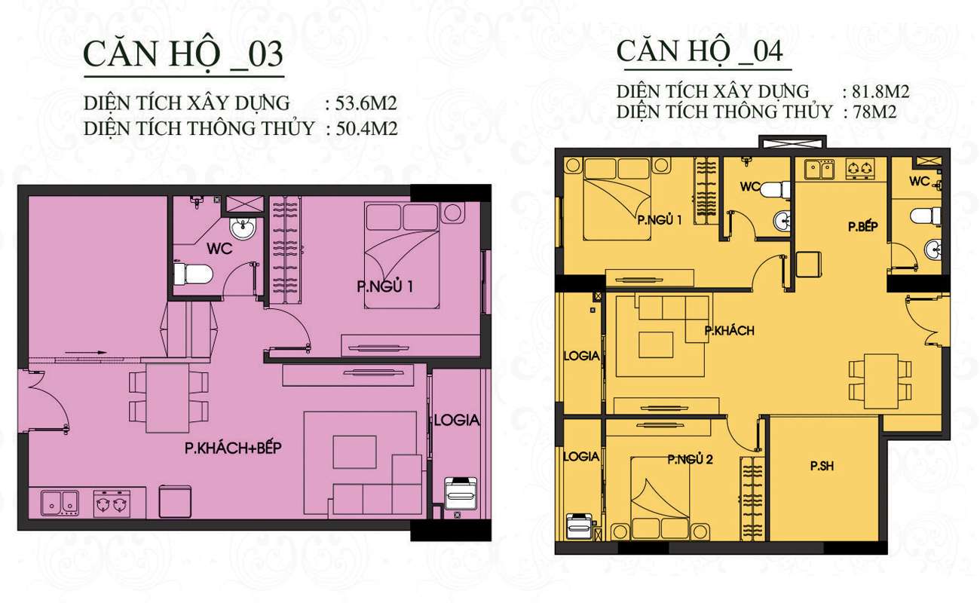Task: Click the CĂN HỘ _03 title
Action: (183, 54)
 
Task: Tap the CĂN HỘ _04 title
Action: (699, 51)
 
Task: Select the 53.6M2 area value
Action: (366, 103)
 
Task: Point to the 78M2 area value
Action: (875, 112)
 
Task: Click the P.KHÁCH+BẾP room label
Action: (233, 448)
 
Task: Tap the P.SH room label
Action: (822, 466)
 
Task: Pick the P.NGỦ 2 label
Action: (690, 460)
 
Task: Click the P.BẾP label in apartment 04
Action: (862, 226)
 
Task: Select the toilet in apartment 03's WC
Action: (193, 274)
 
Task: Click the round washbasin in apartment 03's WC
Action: (243, 228)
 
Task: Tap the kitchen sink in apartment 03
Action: (60, 503)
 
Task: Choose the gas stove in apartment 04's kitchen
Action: (860, 169)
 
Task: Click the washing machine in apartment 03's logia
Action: (461, 494)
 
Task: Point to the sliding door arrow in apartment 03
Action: (86, 352)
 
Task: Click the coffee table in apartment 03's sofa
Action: (354, 452)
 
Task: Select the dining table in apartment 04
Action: (880, 381)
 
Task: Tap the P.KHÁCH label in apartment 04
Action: (729, 331)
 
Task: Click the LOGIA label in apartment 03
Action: (457, 421)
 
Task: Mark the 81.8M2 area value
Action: (880, 92)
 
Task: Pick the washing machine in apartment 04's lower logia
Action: (579, 526)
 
